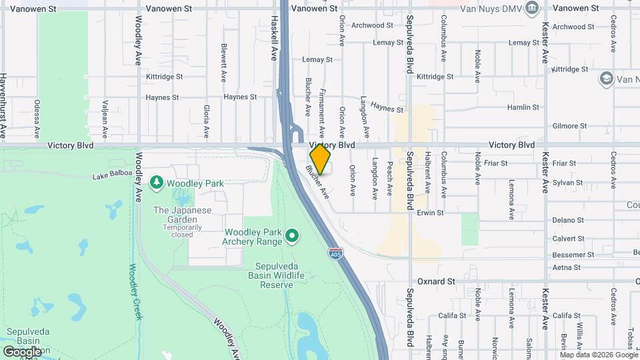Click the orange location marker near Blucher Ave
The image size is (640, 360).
coord(320,159)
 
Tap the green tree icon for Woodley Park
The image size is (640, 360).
coord(157,182)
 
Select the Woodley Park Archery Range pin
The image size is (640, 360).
coord(291,235)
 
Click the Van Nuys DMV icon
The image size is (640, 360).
coord(531,9)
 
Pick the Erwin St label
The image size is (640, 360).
coord(431,213)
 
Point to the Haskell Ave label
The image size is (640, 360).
coord(274,38)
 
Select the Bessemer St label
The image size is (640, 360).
coord(573,255)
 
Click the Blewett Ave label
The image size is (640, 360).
coord(224,63)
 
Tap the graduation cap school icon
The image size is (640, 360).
coord(606,79)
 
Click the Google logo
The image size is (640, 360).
coord(22,351)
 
